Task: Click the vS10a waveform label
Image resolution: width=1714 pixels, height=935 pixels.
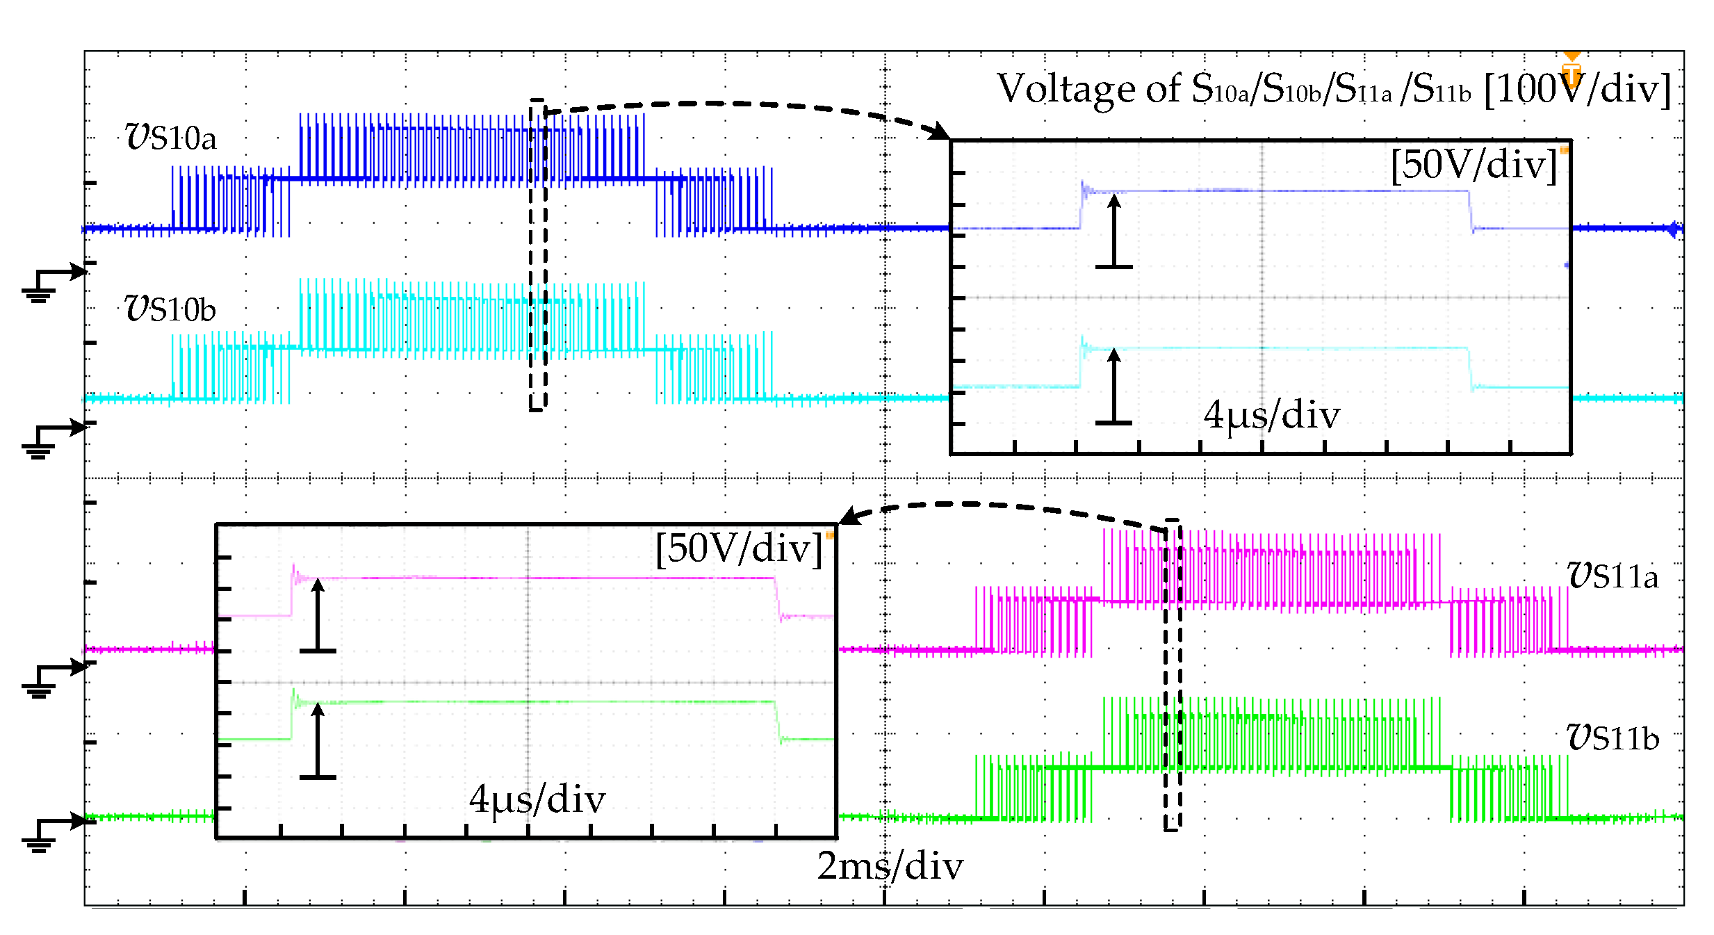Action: point(171,137)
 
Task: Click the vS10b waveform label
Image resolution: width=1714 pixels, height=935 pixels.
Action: point(170,309)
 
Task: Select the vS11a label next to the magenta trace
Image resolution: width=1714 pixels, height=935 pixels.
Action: point(1612,576)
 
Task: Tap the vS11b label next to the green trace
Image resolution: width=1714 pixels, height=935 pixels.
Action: point(1612,738)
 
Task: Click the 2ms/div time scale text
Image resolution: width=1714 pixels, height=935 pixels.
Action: point(890,866)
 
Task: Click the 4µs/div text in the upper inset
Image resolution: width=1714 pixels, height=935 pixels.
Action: point(1271,415)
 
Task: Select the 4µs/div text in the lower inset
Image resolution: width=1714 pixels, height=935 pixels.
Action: point(537,799)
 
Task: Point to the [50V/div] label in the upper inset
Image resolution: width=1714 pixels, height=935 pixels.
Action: point(1474,165)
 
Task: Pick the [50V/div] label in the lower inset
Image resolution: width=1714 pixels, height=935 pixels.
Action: point(739,548)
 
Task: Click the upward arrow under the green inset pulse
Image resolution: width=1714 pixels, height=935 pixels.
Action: point(318,741)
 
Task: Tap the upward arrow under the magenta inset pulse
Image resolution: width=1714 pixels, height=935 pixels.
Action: point(318,615)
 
